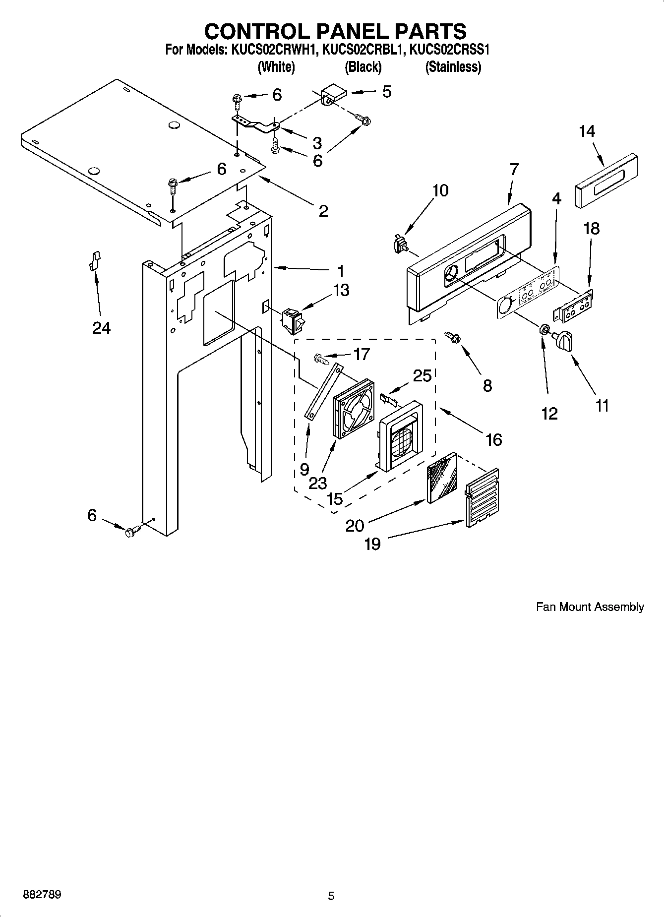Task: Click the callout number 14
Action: (587, 131)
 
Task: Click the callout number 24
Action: (101, 327)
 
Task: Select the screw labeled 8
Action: (453, 338)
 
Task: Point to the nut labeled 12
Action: (544, 329)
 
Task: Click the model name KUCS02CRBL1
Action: (362, 50)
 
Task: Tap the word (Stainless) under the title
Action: (453, 67)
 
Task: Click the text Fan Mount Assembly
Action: (590, 607)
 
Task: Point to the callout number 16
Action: (493, 439)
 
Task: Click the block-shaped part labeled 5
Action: (332, 94)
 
